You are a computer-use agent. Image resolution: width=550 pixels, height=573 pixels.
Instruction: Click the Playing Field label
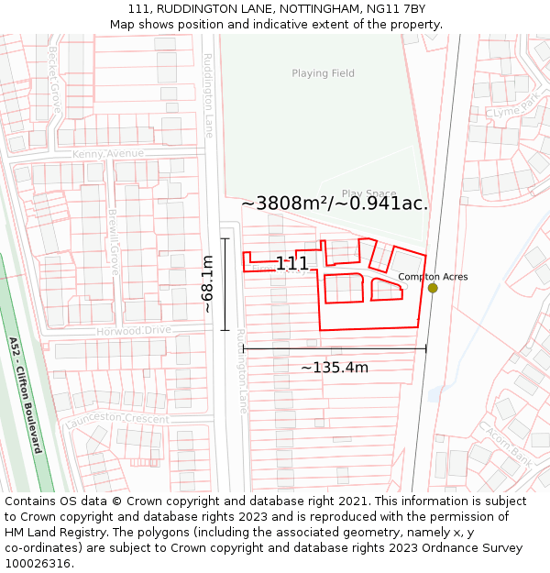click(323, 73)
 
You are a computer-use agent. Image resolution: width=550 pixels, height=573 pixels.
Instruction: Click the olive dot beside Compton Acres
click(433, 288)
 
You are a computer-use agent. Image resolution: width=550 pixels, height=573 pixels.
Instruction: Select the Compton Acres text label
click(433, 277)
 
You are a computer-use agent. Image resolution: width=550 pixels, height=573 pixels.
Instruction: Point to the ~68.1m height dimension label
click(208, 284)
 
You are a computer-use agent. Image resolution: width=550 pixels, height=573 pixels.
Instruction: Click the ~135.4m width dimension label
click(335, 368)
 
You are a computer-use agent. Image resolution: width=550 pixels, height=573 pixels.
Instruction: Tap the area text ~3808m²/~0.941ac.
click(335, 204)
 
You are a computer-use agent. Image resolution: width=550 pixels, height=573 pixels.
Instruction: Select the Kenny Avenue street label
click(108, 153)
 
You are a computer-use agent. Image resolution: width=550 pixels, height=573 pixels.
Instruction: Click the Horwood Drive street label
click(134, 330)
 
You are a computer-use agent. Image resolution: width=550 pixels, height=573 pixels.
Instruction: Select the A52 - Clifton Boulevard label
click(26, 394)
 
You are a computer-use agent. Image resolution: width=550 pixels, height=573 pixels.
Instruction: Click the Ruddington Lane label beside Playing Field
click(207, 95)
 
